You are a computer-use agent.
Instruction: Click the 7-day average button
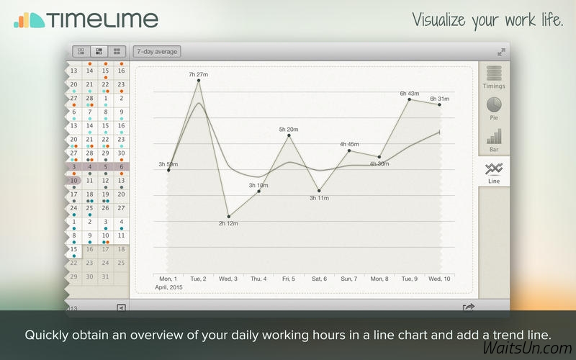click(x=157, y=51)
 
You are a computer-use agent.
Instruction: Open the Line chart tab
click(x=494, y=173)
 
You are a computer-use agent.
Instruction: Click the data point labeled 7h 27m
click(x=199, y=81)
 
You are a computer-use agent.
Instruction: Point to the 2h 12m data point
click(x=228, y=217)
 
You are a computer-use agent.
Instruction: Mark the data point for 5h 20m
click(x=289, y=135)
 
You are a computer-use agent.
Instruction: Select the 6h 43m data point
click(x=409, y=99)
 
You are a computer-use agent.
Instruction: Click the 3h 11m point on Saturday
click(x=319, y=191)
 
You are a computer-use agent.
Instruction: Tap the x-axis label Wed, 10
click(x=439, y=279)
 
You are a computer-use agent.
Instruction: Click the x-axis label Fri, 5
click(x=289, y=279)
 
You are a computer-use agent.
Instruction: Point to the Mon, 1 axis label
click(x=168, y=279)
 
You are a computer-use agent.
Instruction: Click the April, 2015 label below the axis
click(x=168, y=287)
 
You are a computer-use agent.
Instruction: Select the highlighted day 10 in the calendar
click(x=74, y=181)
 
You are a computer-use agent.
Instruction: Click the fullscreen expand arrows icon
click(x=501, y=52)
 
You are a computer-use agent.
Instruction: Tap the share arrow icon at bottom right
click(x=469, y=307)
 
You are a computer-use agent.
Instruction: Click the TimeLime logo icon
click(x=30, y=20)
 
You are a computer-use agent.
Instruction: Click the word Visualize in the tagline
click(x=439, y=20)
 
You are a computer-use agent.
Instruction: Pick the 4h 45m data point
click(x=349, y=150)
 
